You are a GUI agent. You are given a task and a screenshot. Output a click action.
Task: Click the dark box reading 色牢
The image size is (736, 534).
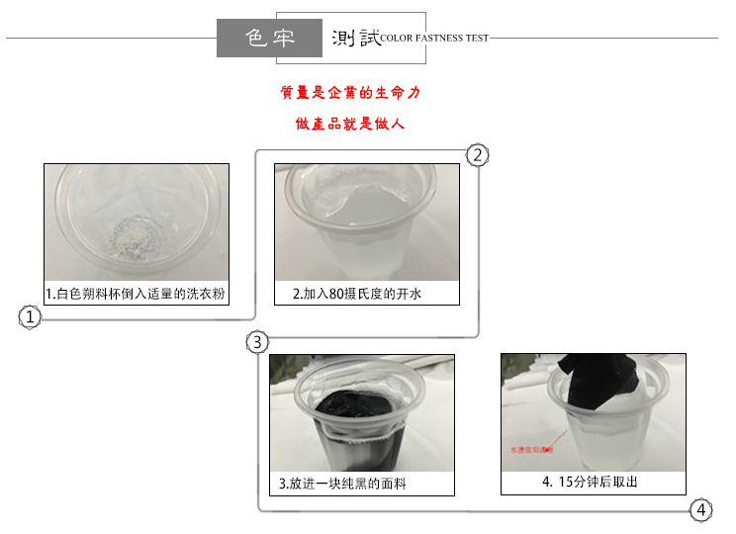(270, 38)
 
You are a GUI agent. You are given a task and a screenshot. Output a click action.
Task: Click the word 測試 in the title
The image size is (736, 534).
(355, 38)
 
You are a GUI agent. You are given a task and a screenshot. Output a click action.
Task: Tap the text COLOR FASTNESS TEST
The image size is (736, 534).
(434, 39)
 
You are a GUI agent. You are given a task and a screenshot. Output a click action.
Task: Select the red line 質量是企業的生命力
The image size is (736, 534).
(350, 93)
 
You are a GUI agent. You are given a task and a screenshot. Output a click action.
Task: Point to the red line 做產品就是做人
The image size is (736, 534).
(350, 125)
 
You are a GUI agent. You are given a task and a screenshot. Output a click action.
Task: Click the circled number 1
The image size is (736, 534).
(30, 317)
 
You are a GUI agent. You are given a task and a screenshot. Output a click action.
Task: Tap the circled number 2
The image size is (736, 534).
(477, 155)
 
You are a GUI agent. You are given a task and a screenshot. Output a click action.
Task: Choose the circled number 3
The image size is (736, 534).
(257, 343)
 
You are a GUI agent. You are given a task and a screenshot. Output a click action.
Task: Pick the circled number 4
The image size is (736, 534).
(700, 510)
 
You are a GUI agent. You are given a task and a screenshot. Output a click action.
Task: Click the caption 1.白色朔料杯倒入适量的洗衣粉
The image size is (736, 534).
(136, 294)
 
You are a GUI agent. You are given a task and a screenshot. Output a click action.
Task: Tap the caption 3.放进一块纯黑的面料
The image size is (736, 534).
(342, 485)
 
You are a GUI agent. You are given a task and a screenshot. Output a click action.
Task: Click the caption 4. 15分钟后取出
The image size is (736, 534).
(590, 483)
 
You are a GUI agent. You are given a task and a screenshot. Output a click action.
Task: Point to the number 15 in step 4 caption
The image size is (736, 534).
(565, 483)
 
